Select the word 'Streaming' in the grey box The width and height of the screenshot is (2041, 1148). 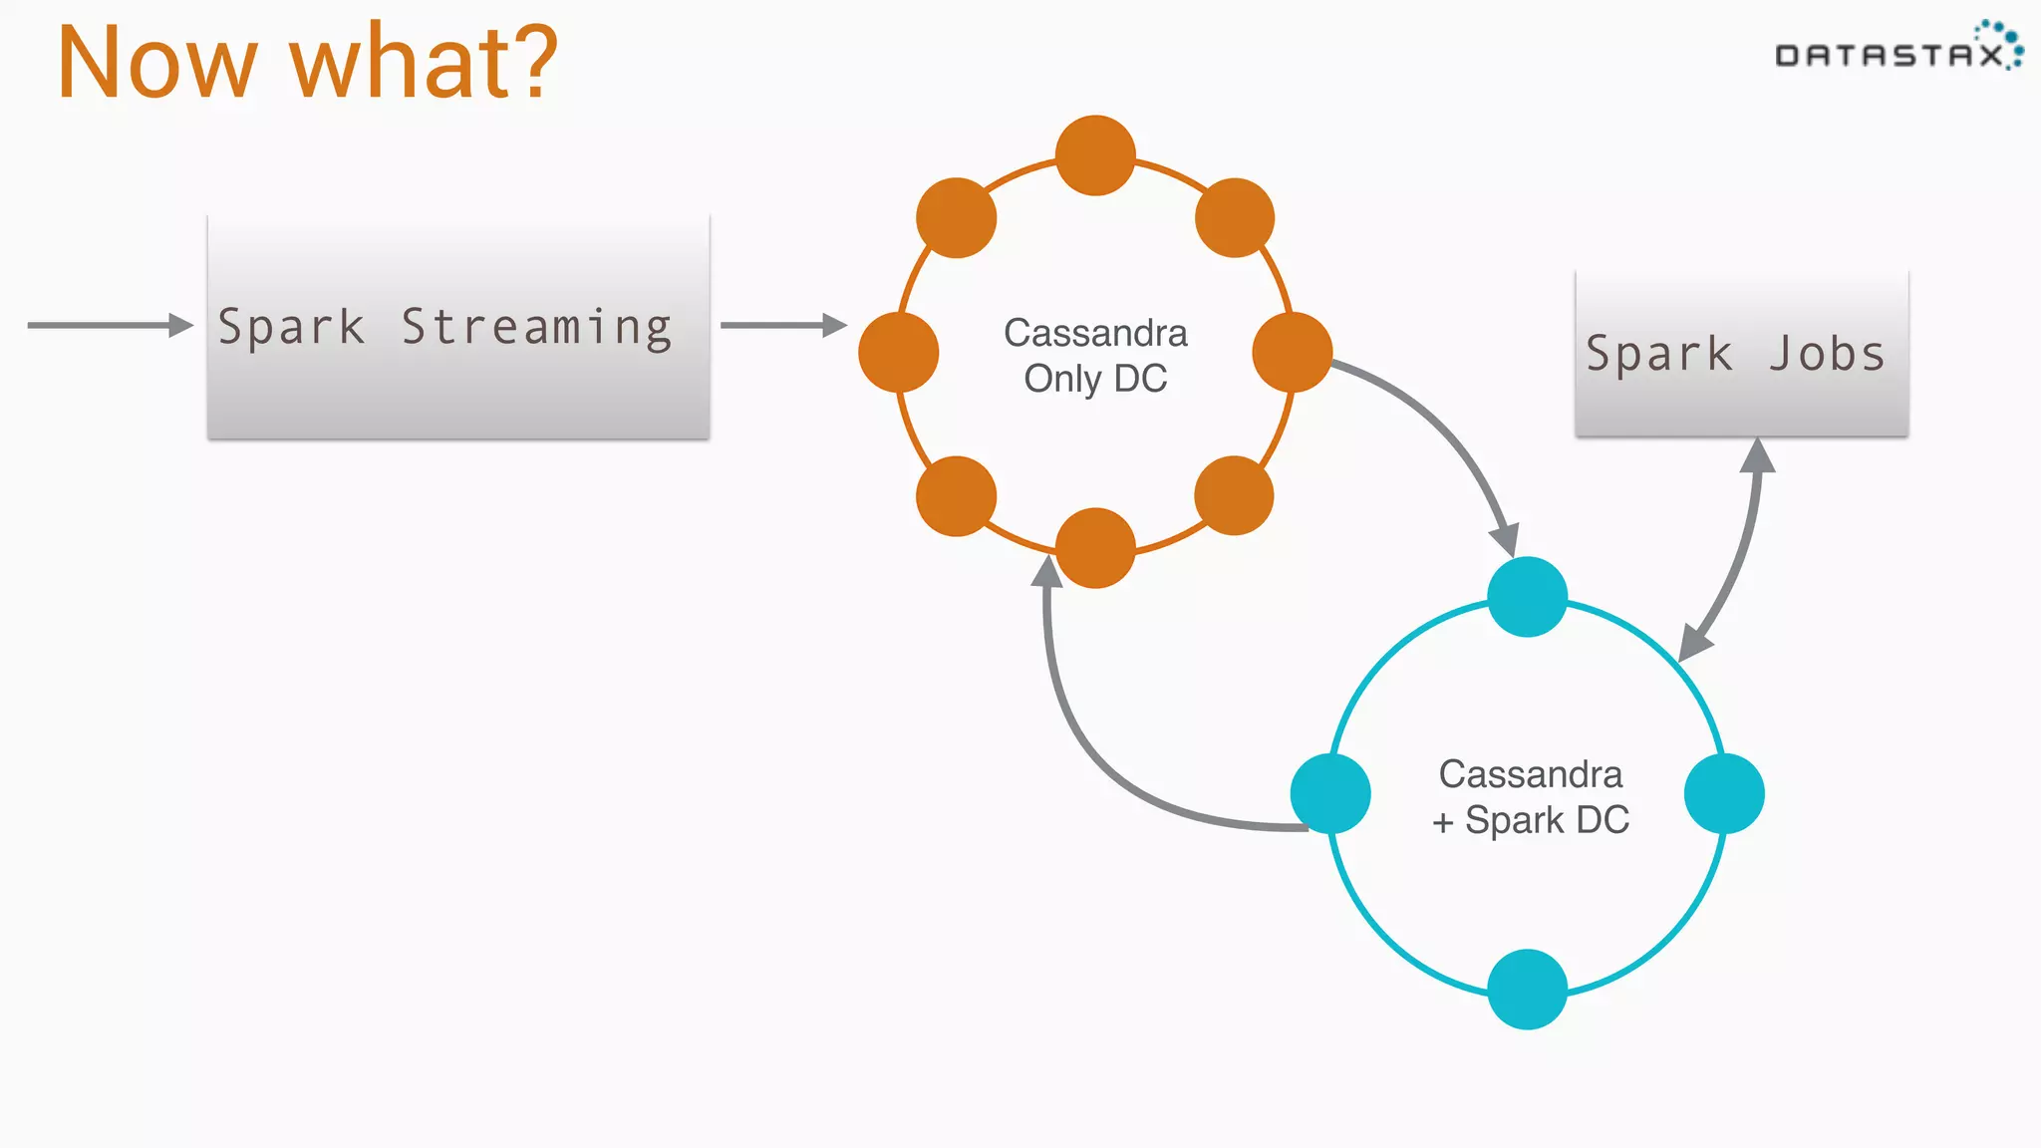[x=536, y=328]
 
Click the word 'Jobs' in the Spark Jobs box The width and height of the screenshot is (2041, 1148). [x=1827, y=355]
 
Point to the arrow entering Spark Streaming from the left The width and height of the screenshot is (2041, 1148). [x=110, y=325]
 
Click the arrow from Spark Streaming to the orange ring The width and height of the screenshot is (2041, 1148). [x=782, y=325]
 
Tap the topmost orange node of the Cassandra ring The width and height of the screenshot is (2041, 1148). [x=1095, y=155]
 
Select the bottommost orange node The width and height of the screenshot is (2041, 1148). [x=1095, y=548]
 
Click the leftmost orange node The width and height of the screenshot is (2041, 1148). [x=898, y=352]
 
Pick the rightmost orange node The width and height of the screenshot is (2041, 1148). [x=1293, y=352]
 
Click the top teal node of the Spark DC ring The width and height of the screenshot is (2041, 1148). [x=1527, y=596]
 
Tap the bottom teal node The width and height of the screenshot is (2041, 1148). [x=1527, y=989]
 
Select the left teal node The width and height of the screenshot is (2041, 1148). [x=1330, y=793]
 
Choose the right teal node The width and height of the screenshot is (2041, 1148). [x=1724, y=793]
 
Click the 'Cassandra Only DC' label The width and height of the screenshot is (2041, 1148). [x=1095, y=356]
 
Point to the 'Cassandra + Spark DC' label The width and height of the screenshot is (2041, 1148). [x=1531, y=797]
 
